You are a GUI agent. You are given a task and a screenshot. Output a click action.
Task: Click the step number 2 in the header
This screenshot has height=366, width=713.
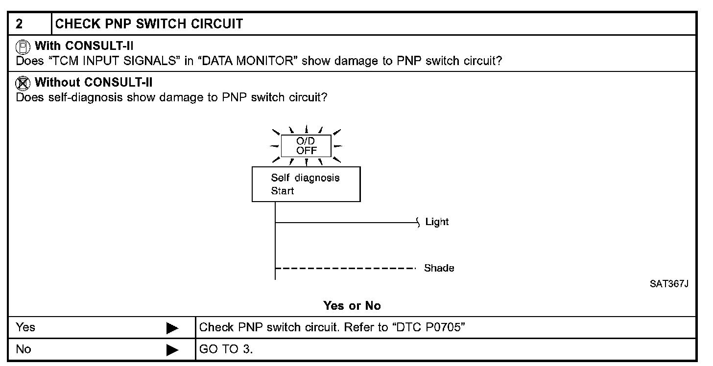[x=19, y=24]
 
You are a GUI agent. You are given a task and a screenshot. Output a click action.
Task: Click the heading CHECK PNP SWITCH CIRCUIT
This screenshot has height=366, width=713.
[x=149, y=24]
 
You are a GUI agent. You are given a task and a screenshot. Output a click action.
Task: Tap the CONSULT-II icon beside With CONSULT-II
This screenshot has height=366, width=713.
[x=23, y=47]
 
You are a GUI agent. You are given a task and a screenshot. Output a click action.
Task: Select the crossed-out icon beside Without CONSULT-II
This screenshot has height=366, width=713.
[x=23, y=83]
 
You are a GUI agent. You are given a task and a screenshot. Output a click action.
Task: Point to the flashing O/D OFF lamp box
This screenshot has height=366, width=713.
[x=306, y=146]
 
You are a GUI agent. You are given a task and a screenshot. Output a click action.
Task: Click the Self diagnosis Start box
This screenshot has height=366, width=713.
[x=306, y=184]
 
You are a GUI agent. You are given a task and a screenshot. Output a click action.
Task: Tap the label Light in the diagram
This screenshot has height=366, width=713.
[x=437, y=222]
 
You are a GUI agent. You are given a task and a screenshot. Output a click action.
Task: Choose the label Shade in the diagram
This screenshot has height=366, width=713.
[x=439, y=268]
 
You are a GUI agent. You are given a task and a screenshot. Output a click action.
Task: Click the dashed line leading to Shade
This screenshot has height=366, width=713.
[x=345, y=268]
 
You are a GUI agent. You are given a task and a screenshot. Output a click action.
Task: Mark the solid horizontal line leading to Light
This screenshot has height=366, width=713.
[x=346, y=223]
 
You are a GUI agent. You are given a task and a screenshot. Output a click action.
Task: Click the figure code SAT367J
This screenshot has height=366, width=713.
[x=669, y=284]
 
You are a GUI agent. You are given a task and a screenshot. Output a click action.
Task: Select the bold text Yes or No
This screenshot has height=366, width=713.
[x=352, y=306]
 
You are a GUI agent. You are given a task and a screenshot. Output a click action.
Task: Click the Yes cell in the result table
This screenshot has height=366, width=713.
[x=25, y=327]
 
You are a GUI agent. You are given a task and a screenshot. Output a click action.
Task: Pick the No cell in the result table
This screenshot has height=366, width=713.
[x=24, y=349]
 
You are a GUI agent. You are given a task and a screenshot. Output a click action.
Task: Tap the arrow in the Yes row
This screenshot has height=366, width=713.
[x=172, y=328]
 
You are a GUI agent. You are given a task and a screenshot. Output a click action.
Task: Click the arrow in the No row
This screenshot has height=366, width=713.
[x=172, y=350]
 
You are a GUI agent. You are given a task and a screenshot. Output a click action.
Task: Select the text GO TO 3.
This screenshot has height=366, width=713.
[x=226, y=349]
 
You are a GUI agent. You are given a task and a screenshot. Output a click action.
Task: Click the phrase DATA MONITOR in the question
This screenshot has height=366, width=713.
[x=248, y=61]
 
